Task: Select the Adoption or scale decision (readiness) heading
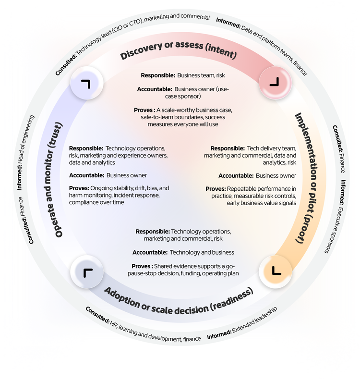tap(179, 298)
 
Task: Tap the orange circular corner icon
tap(275, 270)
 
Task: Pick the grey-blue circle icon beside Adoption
tap(87, 272)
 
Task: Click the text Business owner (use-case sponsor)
tap(197, 93)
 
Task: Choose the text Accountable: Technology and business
tap(183, 252)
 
